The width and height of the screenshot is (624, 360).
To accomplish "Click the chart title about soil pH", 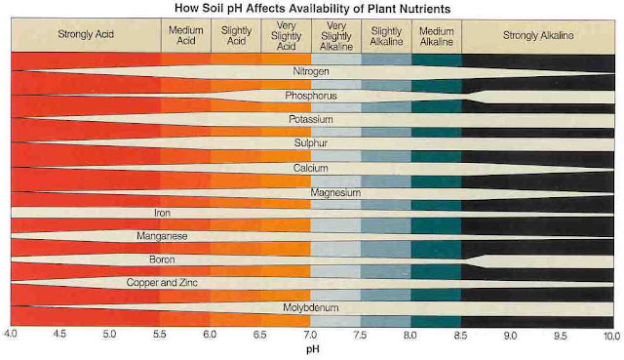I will [310, 8].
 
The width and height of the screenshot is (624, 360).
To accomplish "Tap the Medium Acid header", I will [185, 36].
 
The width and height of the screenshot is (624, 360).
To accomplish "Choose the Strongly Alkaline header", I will [537, 36].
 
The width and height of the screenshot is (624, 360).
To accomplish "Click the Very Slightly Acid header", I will [286, 36].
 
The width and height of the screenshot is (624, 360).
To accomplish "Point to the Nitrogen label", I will [311, 72].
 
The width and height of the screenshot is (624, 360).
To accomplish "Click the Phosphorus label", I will [311, 96].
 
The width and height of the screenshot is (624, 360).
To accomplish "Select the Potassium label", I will [311, 119].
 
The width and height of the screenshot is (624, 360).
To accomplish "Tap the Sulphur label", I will [311, 142].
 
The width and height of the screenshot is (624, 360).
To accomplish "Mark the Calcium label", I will [311, 167].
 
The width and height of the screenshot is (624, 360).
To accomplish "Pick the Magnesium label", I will [335, 192].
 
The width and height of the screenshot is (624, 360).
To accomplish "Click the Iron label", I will [162, 213].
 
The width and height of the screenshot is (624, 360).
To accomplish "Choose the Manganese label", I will [162, 236].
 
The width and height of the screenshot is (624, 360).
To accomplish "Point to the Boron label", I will [162, 260].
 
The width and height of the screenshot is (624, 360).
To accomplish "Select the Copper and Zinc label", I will [162, 283].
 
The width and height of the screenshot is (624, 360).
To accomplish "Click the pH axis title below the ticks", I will [310, 348].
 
